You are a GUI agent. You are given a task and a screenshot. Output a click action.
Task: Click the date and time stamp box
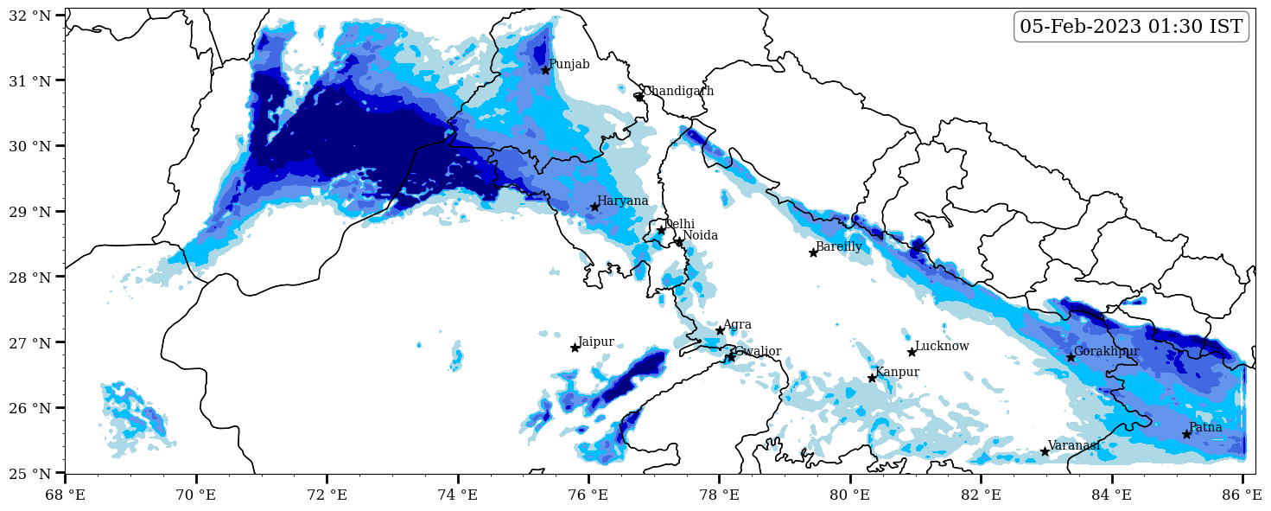click(1131, 27)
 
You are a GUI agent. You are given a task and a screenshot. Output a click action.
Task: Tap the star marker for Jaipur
click(575, 348)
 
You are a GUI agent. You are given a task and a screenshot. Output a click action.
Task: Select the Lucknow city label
click(942, 347)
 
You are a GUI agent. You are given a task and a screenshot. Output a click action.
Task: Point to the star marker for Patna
click(1186, 434)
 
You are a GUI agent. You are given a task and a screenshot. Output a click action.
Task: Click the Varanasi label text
click(1074, 445)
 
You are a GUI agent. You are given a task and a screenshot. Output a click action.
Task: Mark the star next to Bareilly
click(813, 252)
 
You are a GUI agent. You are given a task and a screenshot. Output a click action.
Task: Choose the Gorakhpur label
click(1106, 352)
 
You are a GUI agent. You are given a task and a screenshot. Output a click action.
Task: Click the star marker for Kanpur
click(872, 378)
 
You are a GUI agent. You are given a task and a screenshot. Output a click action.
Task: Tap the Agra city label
click(737, 325)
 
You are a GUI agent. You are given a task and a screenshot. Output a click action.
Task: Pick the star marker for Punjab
click(545, 70)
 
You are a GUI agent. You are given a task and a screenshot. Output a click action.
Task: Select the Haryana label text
click(622, 201)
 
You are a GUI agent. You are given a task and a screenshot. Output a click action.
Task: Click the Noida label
click(700, 236)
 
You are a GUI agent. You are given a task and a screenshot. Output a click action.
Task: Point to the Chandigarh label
click(678, 92)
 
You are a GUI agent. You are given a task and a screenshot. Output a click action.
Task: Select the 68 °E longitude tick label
click(66, 495)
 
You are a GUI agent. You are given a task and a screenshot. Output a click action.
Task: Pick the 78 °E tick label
click(719, 495)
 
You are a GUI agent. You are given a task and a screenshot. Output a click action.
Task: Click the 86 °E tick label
click(1242, 495)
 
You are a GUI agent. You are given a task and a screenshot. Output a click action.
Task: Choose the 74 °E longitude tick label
click(458, 495)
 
